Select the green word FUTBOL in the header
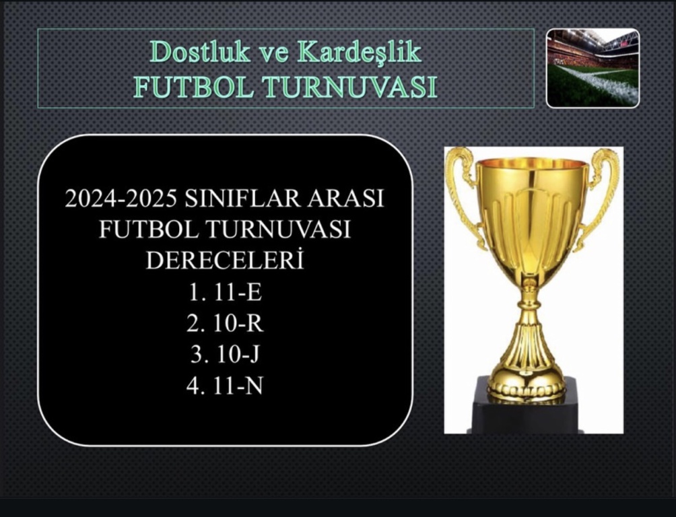click(195, 87)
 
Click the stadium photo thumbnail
click(593, 68)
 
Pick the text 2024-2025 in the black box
click(121, 199)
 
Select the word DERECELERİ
click(225, 260)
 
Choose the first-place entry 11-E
click(238, 293)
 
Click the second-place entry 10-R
click(238, 324)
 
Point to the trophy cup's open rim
click(533, 164)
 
